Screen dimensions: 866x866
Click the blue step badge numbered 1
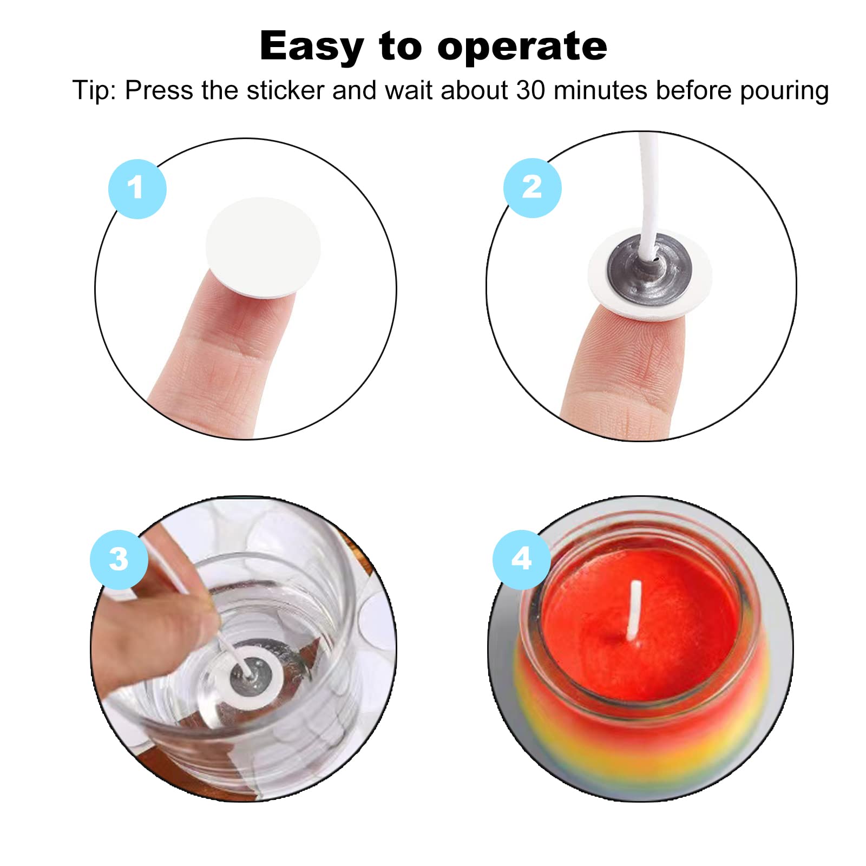[x=137, y=189]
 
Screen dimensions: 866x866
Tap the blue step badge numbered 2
[x=532, y=188]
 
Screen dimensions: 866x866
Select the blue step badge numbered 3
[x=119, y=559]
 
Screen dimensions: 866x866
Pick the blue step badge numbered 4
[x=522, y=559]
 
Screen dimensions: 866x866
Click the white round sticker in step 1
[x=263, y=247]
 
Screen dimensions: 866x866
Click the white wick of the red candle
[x=634, y=612]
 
